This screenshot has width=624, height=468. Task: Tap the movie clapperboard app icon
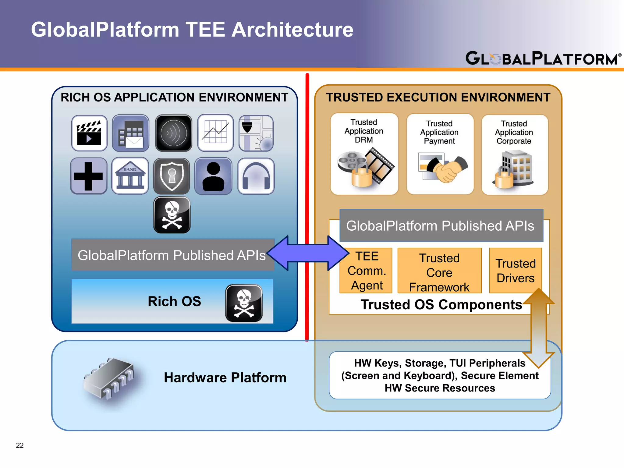pyautogui.click(x=89, y=133)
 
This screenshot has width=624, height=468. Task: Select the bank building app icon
pyautogui.click(x=130, y=176)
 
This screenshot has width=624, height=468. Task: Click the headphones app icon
pyautogui.click(x=256, y=176)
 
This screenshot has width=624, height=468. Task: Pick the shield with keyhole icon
pyautogui.click(x=172, y=176)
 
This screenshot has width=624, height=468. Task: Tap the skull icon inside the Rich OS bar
pyautogui.click(x=244, y=303)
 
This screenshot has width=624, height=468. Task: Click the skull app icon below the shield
pyautogui.click(x=172, y=215)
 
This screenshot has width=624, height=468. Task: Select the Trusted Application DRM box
pyautogui.click(x=364, y=154)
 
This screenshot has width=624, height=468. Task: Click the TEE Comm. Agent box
pyautogui.click(x=366, y=271)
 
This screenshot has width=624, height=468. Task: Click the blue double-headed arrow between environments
pyautogui.click(x=308, y=253)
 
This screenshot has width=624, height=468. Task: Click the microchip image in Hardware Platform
pyautogui.click(x=110, y=378)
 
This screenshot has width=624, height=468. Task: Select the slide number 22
pyautogui.click(x=20, y=445)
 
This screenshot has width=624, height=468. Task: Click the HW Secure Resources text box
pyautogui.click(x=439, y=375)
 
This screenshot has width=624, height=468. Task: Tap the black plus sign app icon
pyautogui.click(x=89, y=176)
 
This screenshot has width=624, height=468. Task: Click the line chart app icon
pyautogui.click(x=215, y=133)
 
